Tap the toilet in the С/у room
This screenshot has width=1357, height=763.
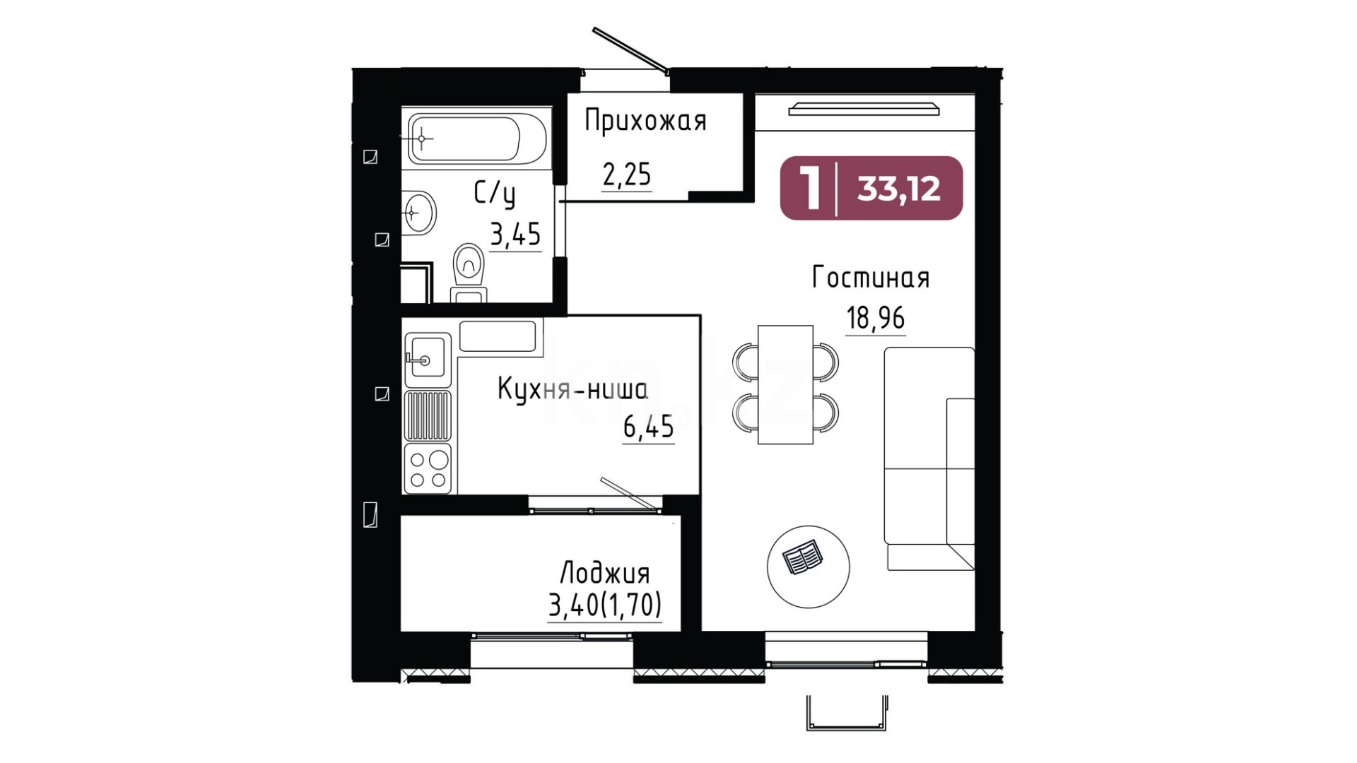469,273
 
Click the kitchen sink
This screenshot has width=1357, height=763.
427,359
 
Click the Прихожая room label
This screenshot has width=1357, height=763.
645,122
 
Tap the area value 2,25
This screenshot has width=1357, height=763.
627,174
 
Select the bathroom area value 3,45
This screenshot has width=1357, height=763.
516,234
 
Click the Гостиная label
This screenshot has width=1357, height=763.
871,278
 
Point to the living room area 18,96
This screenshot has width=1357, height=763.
876,318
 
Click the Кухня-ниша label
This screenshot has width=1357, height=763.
572,389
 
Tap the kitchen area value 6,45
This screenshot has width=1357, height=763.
649,427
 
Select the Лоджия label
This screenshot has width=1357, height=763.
605,573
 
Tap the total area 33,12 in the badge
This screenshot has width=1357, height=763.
899,189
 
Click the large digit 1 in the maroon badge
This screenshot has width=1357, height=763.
810,187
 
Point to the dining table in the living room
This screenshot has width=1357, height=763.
785,385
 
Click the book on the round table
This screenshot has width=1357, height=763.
802,557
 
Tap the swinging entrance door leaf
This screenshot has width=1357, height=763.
630,49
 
